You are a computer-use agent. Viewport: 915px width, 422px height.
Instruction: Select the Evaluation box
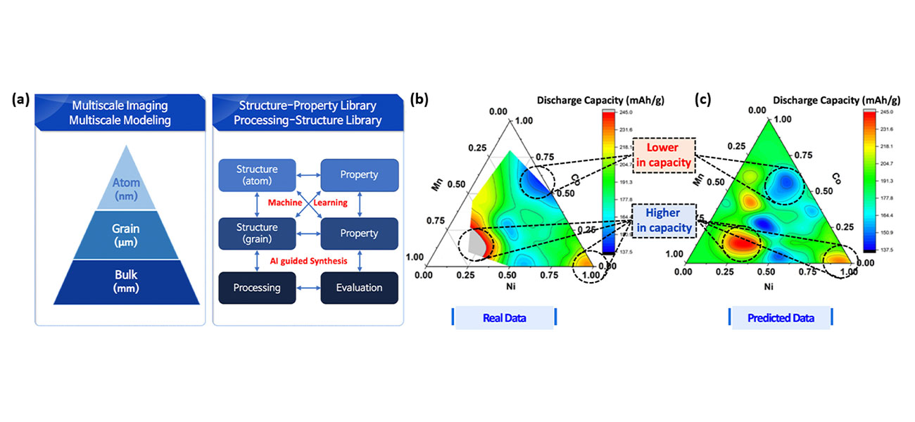[359, 287]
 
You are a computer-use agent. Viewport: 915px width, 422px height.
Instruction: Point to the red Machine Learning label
[308, 203]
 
